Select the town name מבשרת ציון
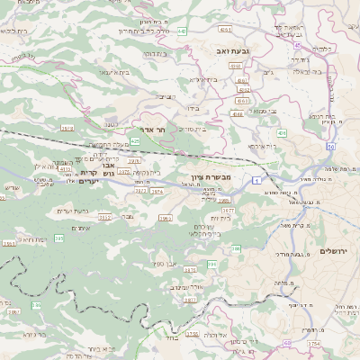tap(211, 178)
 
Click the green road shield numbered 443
tap(183, 31)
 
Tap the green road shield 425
tap(134, 141)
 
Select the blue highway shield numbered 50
tap(331, 146)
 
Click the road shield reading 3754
tap(313, 343)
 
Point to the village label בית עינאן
tap(116, 71)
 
